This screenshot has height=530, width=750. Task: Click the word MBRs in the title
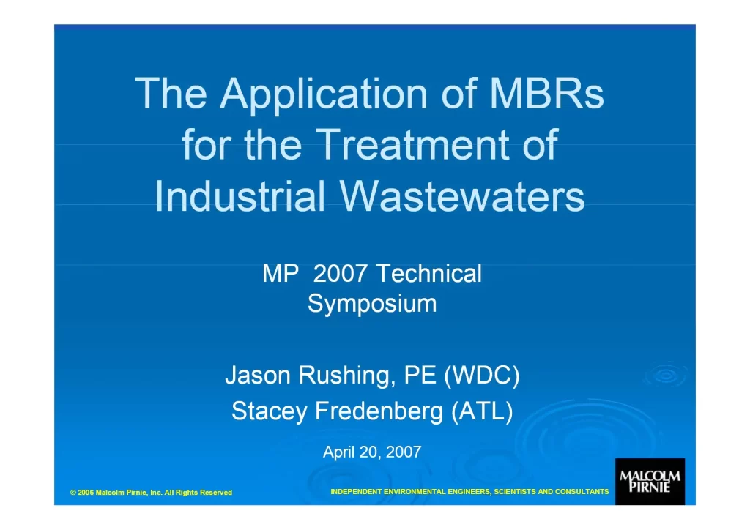[x=546, y=93]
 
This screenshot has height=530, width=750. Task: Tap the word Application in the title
[x=324, y=94]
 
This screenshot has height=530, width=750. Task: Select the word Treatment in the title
[x=412, y=144]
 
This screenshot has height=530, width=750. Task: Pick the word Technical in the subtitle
[x=428, y=273]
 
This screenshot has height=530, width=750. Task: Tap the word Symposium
[x=372, y=304]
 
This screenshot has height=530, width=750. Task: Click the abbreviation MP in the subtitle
[x=281, y=274]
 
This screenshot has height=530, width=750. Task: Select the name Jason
[x=258, y=375]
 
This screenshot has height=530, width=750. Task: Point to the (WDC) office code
[x=482, y=376]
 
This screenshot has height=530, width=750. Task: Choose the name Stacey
[x=270, y=411]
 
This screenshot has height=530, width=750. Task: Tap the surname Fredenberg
[x=379, y=411]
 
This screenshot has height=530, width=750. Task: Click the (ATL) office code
[x=482, y=411]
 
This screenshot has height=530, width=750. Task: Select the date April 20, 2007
[x=372, y=452]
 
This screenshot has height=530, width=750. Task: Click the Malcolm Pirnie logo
[x=650, y=482]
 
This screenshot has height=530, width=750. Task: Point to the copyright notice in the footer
[x=151, y=492]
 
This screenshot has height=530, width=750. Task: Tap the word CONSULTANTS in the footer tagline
[x=582, y=491]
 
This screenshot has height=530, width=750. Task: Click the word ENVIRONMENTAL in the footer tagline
[x=415, y=491]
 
